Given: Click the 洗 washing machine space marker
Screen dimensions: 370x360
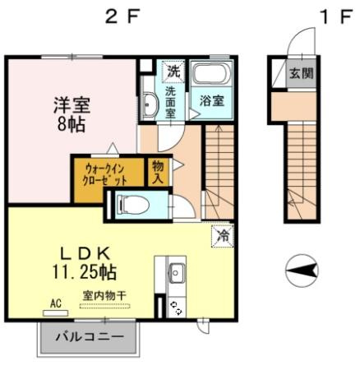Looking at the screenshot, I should pyautogui.click(x=173, y=72).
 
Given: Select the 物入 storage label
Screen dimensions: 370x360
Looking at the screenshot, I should pyautogui.click(x=159, y=173).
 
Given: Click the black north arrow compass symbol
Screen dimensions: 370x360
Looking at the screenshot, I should pyautogui.click(x=302, y=269).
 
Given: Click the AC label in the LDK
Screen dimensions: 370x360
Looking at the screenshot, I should pyautogui.click(x=56, y=303).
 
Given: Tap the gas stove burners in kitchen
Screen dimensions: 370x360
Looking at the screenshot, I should pyautogui.click(x=175, y=306).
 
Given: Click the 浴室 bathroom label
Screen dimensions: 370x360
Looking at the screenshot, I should pyautogui.click(x=212, y=101).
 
